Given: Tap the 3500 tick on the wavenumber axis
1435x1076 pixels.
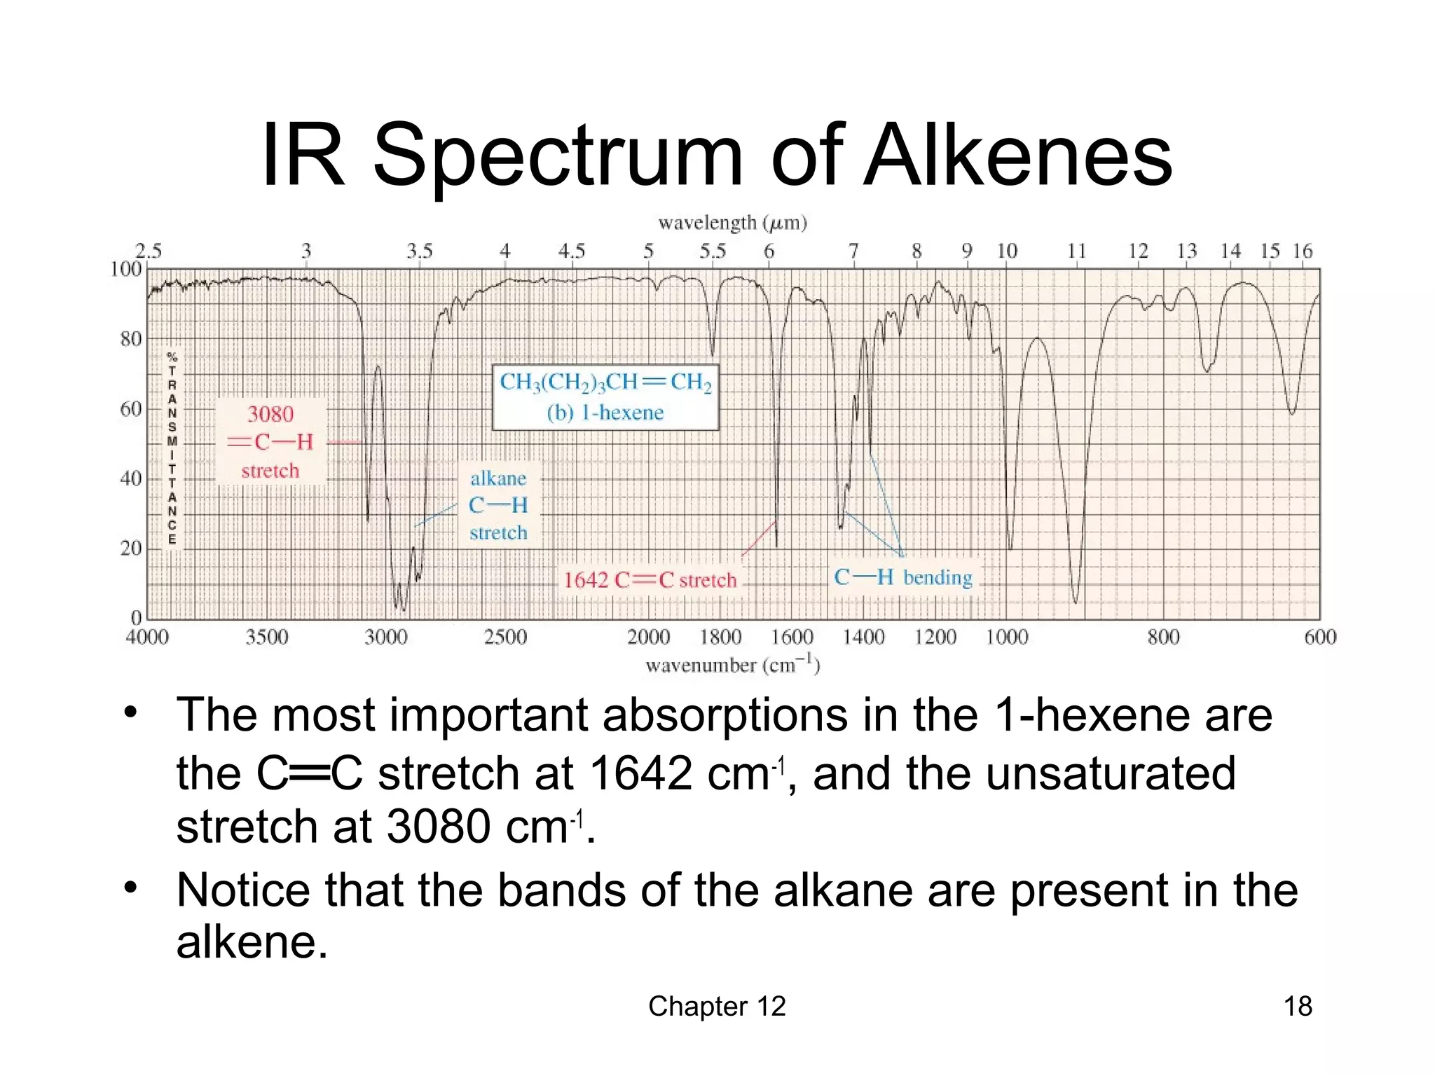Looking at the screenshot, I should tap(267, 637).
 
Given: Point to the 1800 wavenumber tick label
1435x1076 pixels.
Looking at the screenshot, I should tap(720, 637).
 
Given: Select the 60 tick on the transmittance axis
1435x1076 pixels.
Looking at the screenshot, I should tap(131, 409).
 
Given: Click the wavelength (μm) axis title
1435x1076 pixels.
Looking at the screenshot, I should tap(732, 223).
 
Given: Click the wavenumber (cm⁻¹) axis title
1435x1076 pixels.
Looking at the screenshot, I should tap(732, 664).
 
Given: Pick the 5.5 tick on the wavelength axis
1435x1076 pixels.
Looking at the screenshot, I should tap(713, 251).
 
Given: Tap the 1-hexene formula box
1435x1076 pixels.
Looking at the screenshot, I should tap(605, 396).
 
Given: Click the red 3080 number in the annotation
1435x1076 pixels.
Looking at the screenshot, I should tap(270, 414).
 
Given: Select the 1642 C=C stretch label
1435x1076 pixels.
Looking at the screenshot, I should tap(650, 580).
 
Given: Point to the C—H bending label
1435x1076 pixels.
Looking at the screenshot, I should tap(903, 577).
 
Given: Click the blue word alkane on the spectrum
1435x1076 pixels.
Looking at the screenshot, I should tap(498, 478).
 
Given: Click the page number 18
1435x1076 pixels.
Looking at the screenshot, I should tap(1297, 1006).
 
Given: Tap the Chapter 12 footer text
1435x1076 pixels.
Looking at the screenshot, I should tap(717, 1006).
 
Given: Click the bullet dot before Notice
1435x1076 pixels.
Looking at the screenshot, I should tap(130, 888).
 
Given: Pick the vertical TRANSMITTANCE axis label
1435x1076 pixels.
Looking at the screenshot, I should tap(172, 449).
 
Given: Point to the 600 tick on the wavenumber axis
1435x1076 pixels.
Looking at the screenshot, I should tap(1320, 637).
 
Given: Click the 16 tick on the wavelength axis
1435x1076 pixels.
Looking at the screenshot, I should tap(1303, 251).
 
